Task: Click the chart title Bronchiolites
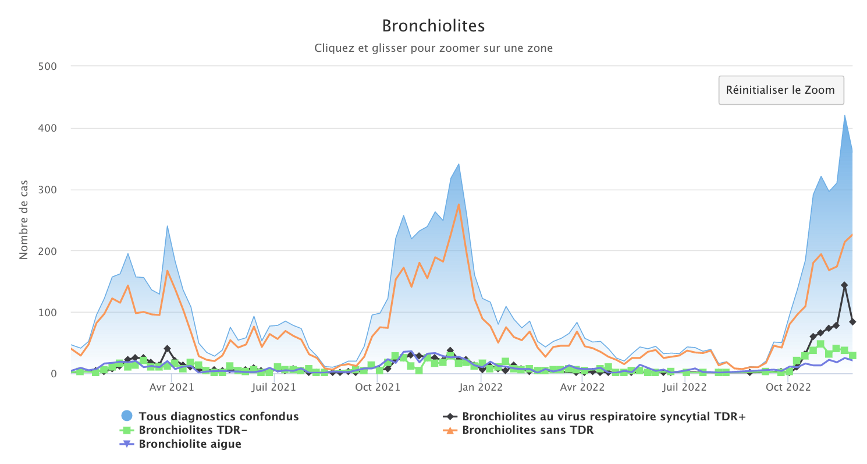click(433, 26)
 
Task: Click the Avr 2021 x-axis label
click(171, 387)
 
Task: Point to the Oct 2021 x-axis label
click(377, 387)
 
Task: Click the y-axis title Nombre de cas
click(24, 221)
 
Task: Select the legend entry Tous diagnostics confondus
click(218, 416)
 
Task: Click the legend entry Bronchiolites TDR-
click(197, 430)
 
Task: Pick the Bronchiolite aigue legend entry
click(190, 444)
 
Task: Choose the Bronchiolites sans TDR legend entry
click(528, 430)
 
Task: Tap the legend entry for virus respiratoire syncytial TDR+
click(603, 416)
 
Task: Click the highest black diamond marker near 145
click(844, 285)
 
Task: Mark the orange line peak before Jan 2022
click(459, 204)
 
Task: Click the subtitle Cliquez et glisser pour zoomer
click(433, 48)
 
